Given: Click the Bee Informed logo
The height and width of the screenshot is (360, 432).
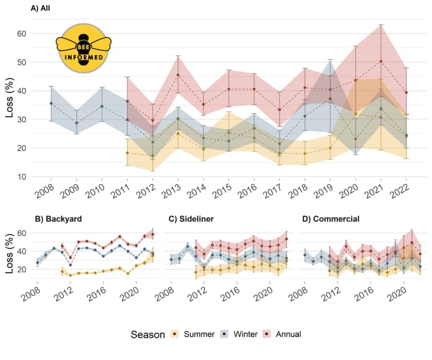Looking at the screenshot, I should point(84,48).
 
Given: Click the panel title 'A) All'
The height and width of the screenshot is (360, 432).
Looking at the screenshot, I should point(41,8).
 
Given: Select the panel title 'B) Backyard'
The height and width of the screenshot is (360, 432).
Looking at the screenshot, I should point(58,219).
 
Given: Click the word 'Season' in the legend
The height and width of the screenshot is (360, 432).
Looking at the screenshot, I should point(148,335).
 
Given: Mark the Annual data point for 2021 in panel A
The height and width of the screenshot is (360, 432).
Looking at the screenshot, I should point(381,61).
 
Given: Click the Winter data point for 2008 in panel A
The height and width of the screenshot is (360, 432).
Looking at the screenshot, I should point(51,103).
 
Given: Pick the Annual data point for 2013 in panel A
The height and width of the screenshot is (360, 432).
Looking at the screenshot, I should point(178,75).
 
